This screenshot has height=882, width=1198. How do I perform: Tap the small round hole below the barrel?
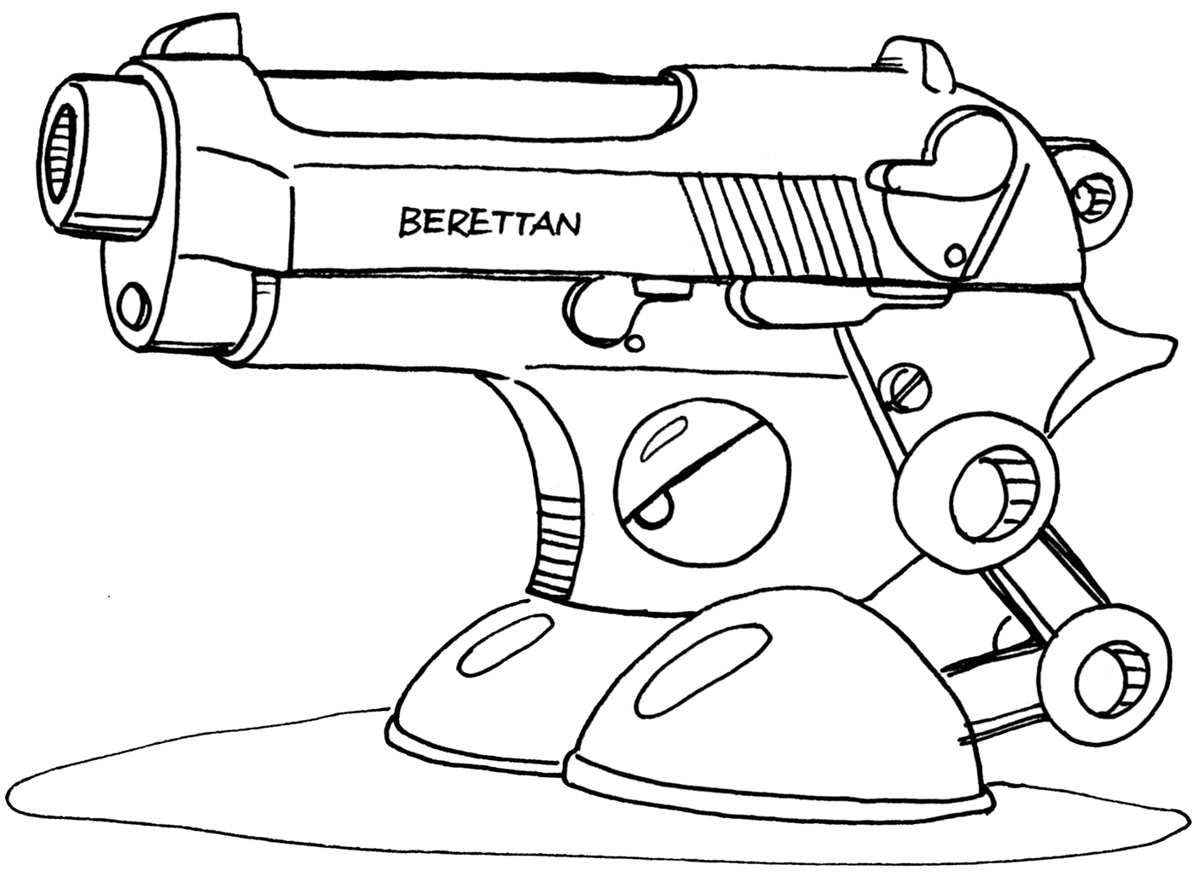132,304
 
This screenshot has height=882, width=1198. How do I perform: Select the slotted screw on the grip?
903,389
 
